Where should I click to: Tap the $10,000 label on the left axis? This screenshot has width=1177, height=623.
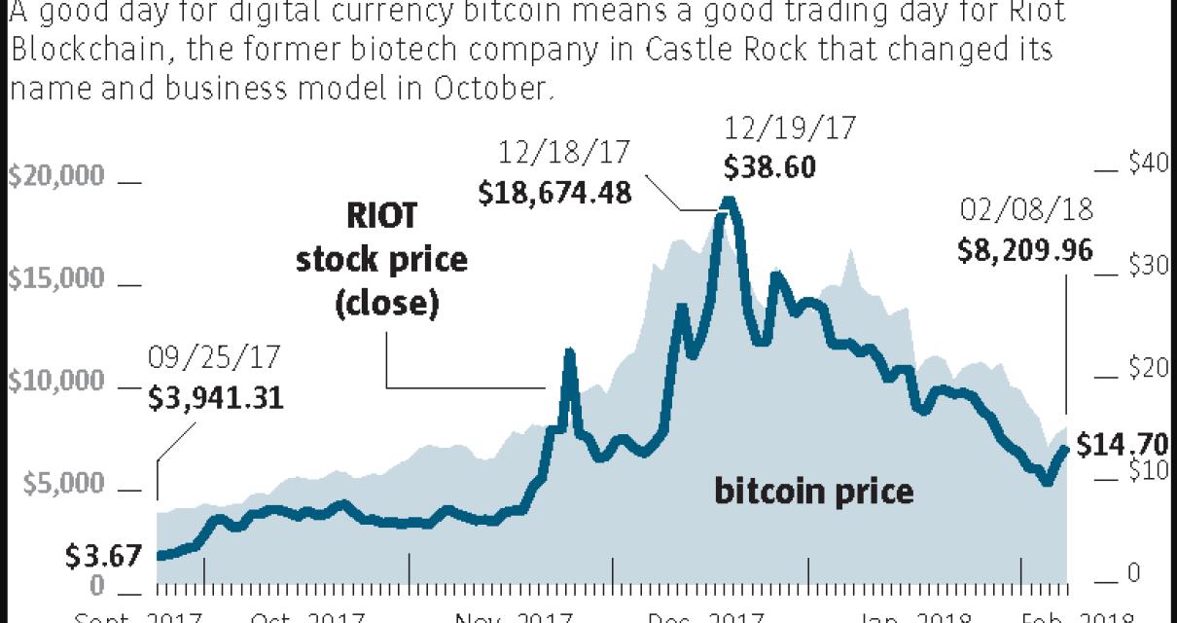pos(55,382)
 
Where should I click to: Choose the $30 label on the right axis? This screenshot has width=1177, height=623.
pos(1148,266)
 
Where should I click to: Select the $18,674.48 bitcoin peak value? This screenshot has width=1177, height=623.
pos(555,192)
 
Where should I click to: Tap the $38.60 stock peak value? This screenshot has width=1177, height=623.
pos(769,166)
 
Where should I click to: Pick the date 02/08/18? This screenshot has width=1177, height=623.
pos(1027,210)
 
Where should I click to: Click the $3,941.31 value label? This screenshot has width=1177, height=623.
pos(216,397)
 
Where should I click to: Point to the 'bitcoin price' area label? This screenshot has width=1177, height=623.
pos(814,492)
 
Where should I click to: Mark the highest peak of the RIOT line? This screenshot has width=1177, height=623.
pos(727,202)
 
